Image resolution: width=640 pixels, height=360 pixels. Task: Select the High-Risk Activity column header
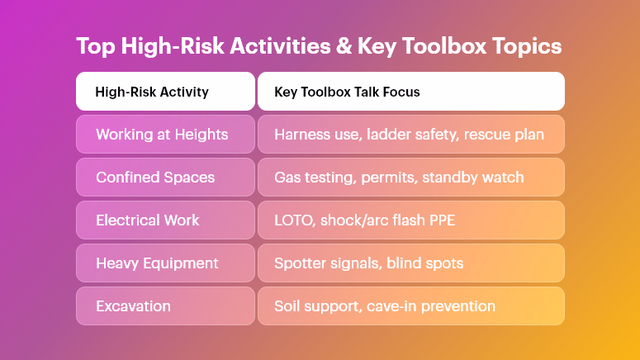(165, 92)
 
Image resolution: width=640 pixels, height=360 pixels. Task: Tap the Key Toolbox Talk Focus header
(410, 92)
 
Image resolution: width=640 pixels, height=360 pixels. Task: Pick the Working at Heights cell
(165, 135)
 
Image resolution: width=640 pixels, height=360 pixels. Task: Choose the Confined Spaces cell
(165, 178)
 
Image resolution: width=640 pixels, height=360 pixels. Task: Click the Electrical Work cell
(165, 220)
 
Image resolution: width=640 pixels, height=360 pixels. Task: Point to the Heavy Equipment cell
(165, 263)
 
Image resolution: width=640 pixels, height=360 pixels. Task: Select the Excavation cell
(165, 306)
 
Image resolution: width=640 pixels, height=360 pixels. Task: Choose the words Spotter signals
(325, 263)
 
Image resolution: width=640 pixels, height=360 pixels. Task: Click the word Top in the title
(95, 46)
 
